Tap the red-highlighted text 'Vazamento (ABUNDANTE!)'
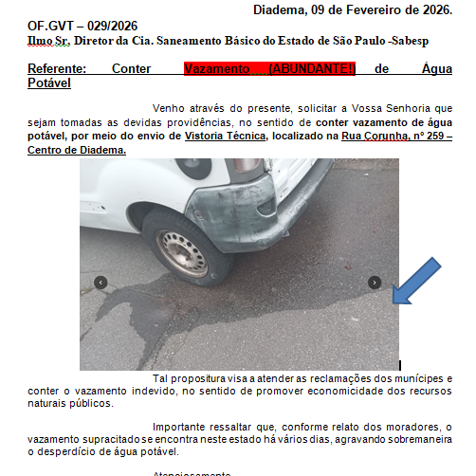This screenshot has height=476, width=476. click(x=269, y=69)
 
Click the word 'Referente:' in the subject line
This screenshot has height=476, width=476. click(x=57, y=69)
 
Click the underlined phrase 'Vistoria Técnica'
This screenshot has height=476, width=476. click(x=225, y=137)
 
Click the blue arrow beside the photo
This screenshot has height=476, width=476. click(x=416, y=281)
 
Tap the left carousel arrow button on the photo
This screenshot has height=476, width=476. click(x=101, y=283)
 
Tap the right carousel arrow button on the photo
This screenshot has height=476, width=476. click(x=375, y=283)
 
